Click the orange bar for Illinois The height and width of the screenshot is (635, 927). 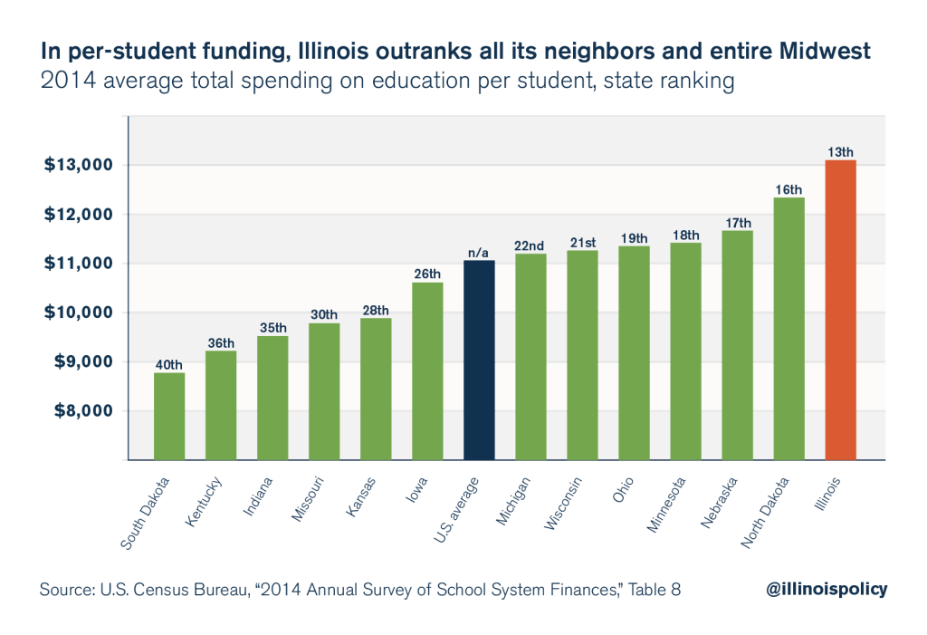coord(840,310)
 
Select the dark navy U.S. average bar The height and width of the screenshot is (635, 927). coord(479,360)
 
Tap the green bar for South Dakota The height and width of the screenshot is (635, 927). coord(169,416)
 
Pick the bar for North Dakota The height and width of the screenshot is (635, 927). coord(788,329)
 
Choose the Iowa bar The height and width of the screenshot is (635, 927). coord(427,371)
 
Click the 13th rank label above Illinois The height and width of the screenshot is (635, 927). coord(840,152)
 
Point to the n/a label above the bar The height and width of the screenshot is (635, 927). coord(478,253)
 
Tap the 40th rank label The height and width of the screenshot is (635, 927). coord(169,364)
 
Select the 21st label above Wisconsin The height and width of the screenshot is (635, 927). coord(583,243)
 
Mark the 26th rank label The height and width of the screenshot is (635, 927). coord(427,274)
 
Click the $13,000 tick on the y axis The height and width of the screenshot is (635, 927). coord(78,165)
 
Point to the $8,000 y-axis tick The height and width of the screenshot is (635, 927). coord(83,410)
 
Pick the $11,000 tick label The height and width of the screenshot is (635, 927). coord(78,264)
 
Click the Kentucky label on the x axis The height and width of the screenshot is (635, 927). coord(204,501)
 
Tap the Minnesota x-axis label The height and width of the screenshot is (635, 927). coord(666,505)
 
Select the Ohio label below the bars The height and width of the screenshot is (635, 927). coord(623,489)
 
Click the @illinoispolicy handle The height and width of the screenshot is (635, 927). coord(827,590)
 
